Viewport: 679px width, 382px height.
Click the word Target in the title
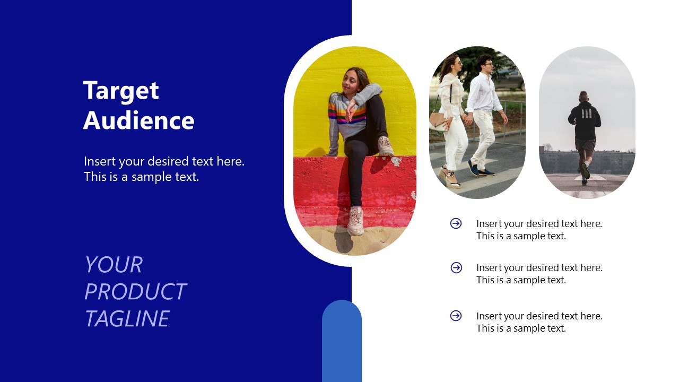point(121,91)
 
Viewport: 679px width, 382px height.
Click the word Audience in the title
point(138,120)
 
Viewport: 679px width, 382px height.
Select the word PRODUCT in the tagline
point(135,292)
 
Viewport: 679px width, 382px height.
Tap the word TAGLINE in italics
point(127,319)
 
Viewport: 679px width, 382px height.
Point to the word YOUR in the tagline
point(114,265)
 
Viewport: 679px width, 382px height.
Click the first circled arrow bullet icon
point(456,223)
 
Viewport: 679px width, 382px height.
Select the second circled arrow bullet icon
point(456,267)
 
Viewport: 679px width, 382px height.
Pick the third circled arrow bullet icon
point(456,316)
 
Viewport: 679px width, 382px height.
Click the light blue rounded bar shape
point(342,340)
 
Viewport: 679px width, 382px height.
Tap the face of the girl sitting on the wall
point(352,81)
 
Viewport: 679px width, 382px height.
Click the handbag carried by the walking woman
point(438,121)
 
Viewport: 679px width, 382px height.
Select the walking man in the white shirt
point(484,111)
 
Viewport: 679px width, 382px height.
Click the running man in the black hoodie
point(584,133)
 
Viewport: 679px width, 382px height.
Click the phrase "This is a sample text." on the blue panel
point(141,177)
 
